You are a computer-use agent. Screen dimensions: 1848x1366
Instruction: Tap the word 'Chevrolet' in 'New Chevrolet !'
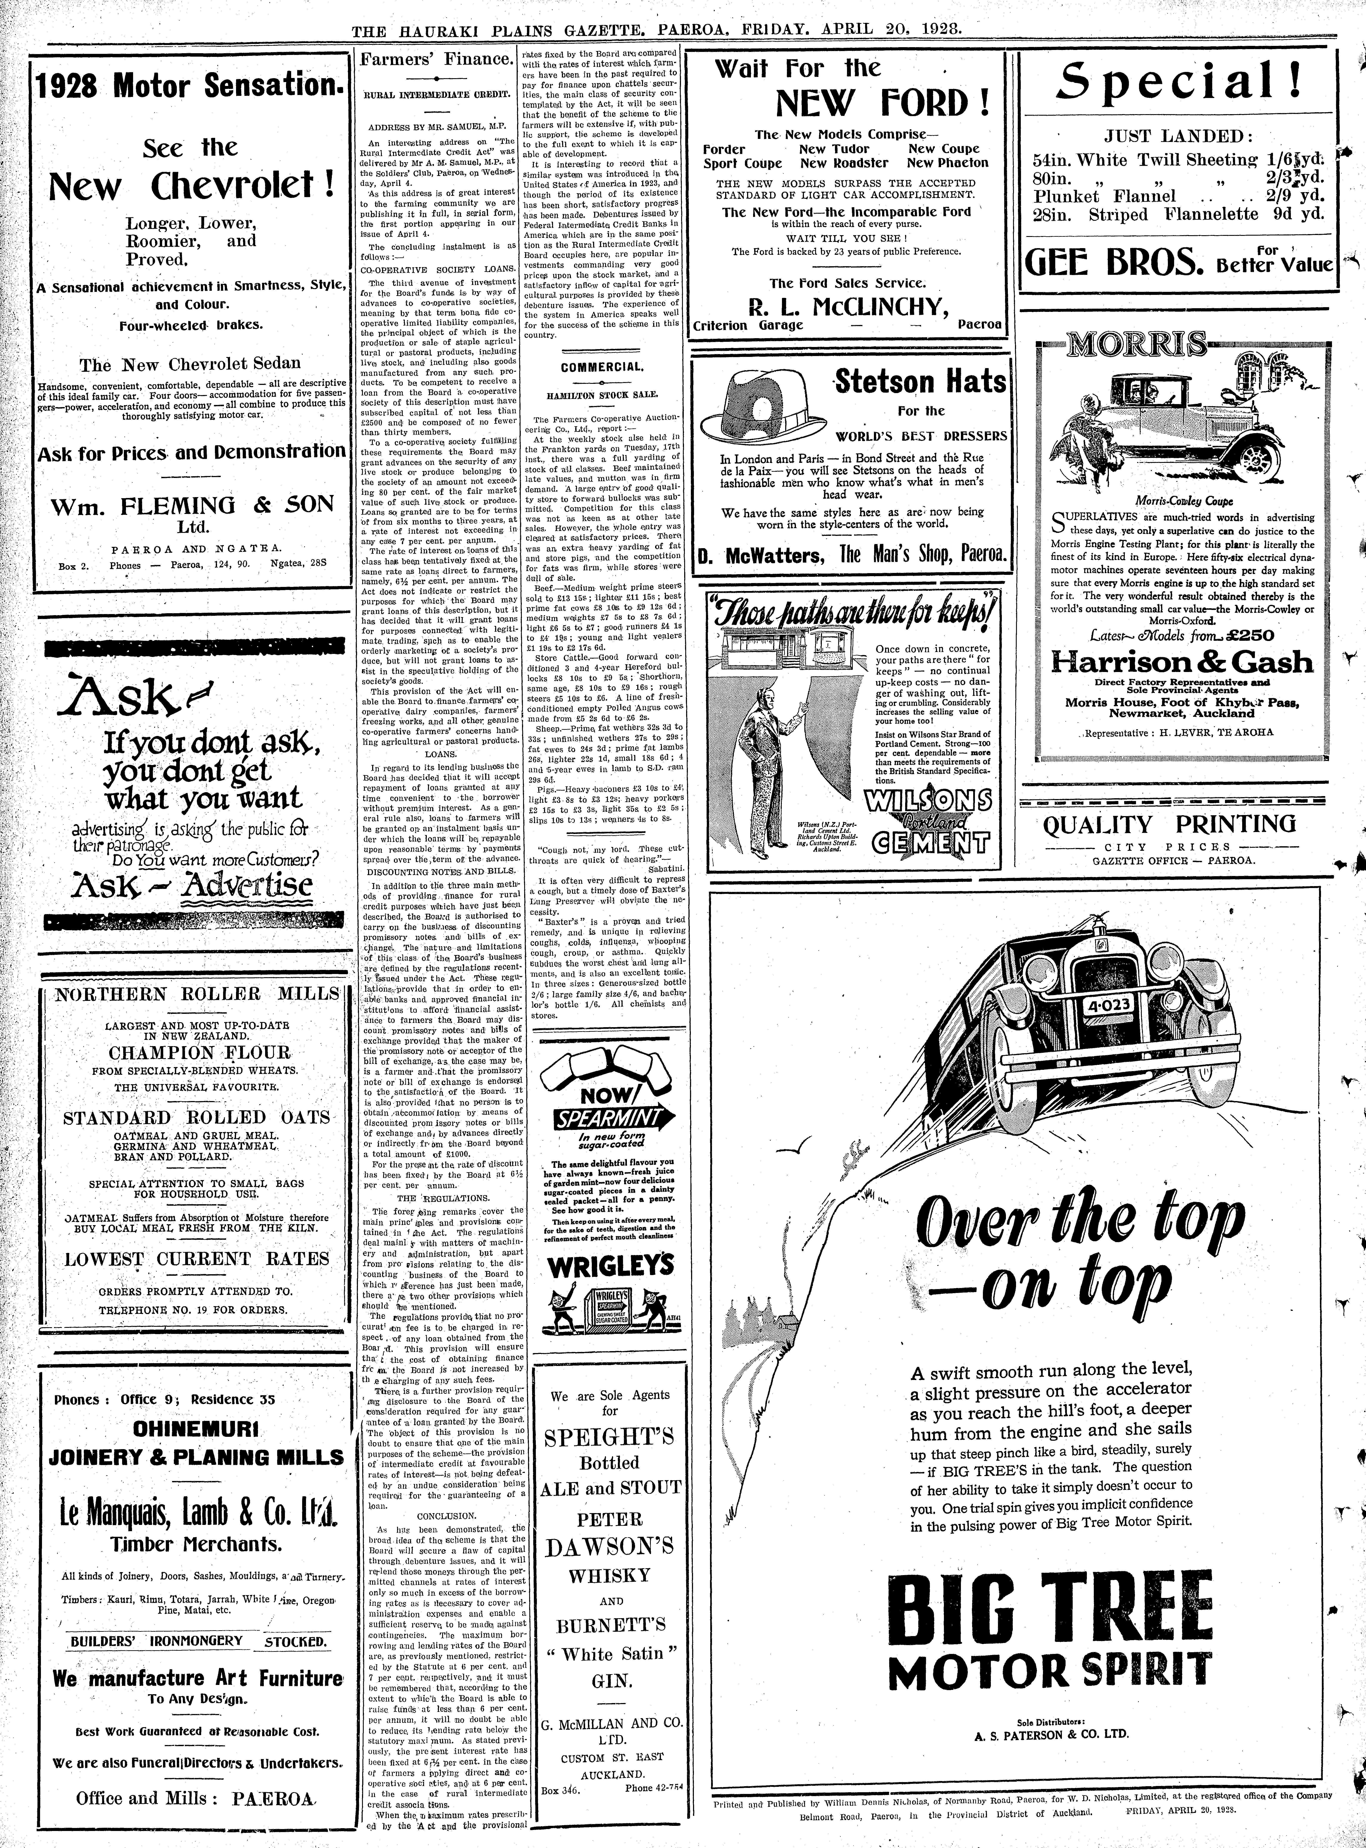click(243, 187)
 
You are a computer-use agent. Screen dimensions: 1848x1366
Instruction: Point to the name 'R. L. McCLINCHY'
click(848, 307)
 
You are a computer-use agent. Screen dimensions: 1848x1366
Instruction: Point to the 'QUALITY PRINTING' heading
click(1169, 824)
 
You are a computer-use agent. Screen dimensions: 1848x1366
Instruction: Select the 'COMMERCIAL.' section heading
click(601, 367)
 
